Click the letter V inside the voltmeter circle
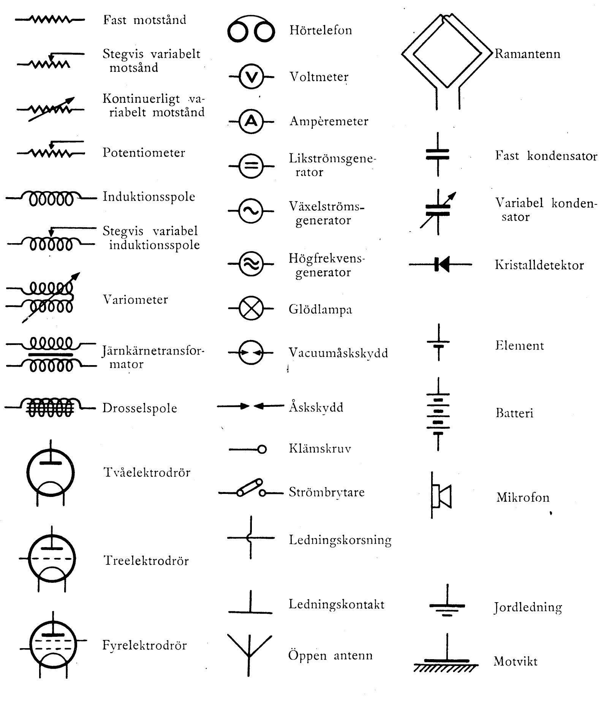click(251, 77)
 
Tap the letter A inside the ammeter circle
click(251, 121)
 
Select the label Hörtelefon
click(321, 30)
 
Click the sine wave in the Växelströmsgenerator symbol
click(251, 211)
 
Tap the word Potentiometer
click(144, 153)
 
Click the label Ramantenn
click(527, 54)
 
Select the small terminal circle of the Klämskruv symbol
click(262, 449)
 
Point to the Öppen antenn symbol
click(250, 655)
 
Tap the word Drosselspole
click(140, 408)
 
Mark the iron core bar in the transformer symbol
click(51, 355)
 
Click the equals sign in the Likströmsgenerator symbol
click(251, 166)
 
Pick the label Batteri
click(514, 413)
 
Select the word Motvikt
click(515, 661)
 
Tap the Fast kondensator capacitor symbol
click(438, 154)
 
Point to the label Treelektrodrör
click(146, 560)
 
